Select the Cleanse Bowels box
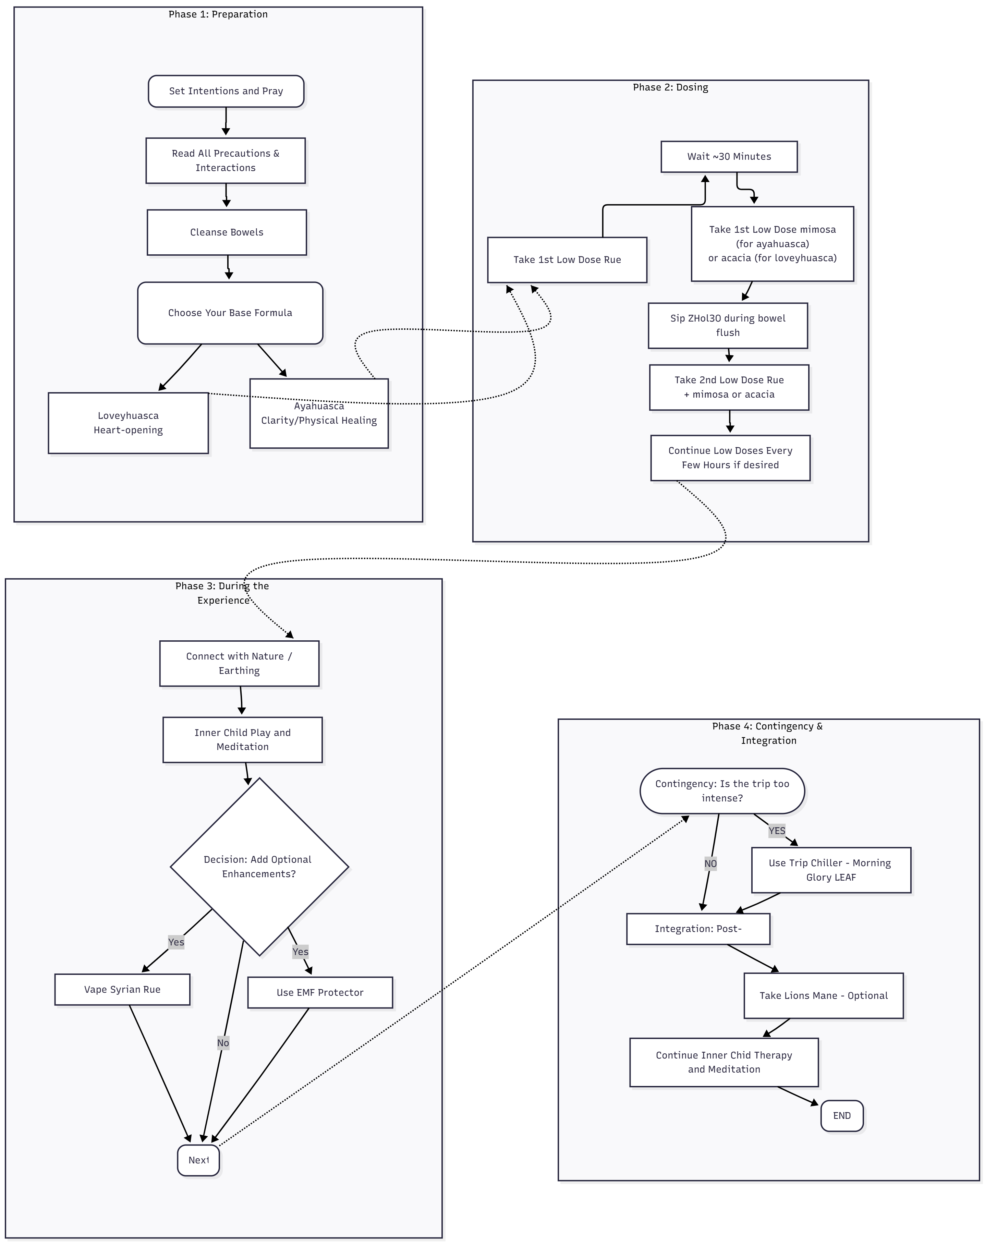coord(227,232)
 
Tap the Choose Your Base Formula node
coord(230,313)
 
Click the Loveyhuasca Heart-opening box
coord(128,423)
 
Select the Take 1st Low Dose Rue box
coord(567,260)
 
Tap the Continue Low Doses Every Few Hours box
coord(730,458)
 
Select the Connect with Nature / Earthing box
coord(239,664)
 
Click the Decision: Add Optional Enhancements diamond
coord(259,867)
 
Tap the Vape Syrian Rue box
coord(122,990)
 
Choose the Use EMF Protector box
coord(320,992)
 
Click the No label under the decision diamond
coord(223,1043)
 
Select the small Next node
coord(198,1160)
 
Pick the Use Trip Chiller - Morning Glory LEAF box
coord(830,870)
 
